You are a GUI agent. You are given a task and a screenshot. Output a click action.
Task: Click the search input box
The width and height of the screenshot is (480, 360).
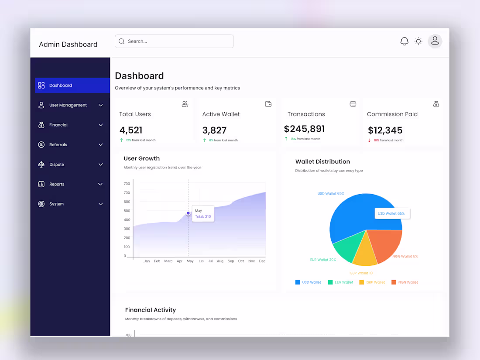(175, 41)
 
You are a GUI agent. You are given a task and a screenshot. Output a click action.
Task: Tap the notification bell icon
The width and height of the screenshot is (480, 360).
(405, 41)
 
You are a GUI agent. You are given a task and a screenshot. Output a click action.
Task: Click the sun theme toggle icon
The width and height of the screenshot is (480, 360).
(418, 41)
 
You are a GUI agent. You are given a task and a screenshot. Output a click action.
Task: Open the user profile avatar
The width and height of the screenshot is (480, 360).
(435, 41)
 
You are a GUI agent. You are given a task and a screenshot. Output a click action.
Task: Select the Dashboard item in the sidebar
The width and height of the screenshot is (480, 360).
(72, 86)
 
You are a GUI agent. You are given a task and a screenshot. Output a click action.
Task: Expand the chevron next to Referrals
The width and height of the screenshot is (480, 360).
(101, 145)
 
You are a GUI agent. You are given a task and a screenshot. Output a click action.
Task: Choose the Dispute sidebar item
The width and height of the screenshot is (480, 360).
(56, 165)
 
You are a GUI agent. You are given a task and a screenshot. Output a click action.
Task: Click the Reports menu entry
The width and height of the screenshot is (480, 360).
(57, 184)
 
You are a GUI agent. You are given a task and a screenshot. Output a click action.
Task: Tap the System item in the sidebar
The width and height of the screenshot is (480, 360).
(56, 204)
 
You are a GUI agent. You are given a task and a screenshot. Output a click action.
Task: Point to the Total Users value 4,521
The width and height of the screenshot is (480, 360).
(131, 130)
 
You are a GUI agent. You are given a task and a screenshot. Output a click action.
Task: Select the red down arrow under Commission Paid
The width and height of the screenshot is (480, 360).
(370, 140)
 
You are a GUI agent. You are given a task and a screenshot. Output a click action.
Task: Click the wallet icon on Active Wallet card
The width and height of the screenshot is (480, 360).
(268, 104)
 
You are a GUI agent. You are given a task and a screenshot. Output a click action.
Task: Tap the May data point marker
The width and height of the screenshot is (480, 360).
(188, 213)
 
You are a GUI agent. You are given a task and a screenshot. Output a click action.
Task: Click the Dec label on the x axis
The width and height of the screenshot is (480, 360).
(262, 261)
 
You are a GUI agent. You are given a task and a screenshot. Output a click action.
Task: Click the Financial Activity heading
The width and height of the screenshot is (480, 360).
(151, 310)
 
